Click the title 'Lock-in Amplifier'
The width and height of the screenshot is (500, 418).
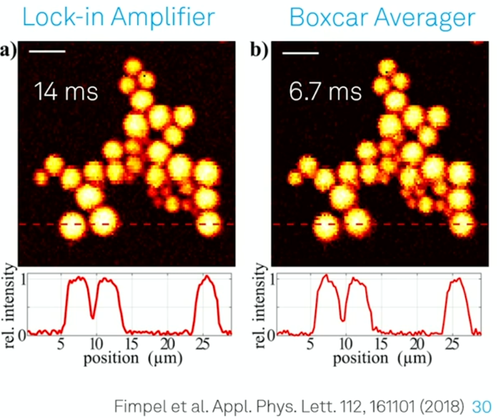pyautogui.click(x=118, y=18)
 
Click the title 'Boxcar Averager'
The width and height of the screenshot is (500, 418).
pyautogui.click(x=382, y=18)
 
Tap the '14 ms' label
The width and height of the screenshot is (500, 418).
pyautogui.click(x=66, y=92)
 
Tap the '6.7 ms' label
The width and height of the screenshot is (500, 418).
pyautogui.click(x=325, y=92)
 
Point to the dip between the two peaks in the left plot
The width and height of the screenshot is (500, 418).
pyautogui.click(x=93, y=317)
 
